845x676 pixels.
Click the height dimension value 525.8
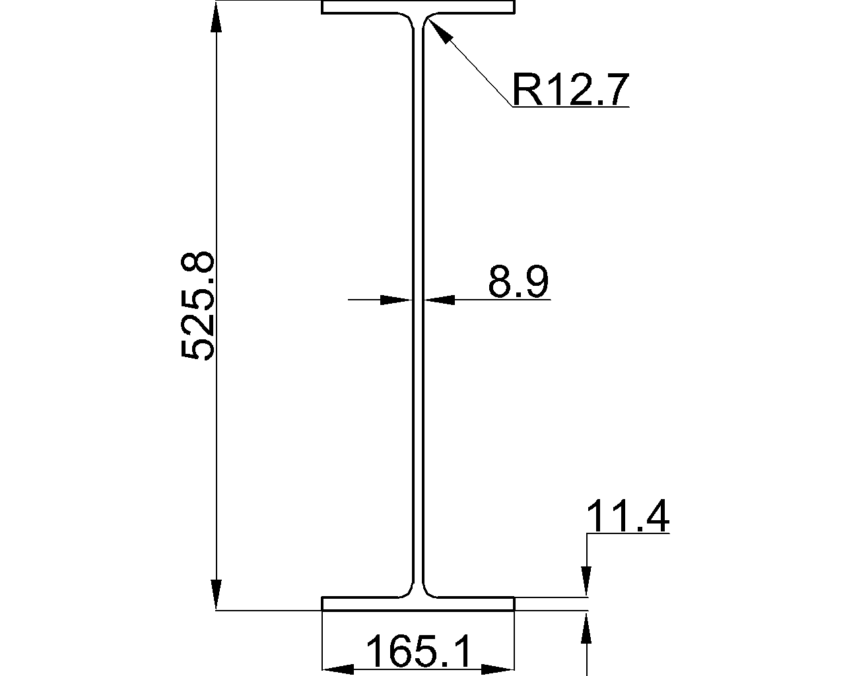[197, 306]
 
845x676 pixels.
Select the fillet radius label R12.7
[570, 90]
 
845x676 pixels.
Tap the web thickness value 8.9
[518, 281]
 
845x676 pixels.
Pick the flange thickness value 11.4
[628, 516]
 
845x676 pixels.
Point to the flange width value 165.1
[418, 652]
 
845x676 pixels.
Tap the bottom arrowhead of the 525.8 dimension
[216, 595]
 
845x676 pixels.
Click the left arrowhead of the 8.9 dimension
[397, 300]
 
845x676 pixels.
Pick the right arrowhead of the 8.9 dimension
[439, 300]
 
